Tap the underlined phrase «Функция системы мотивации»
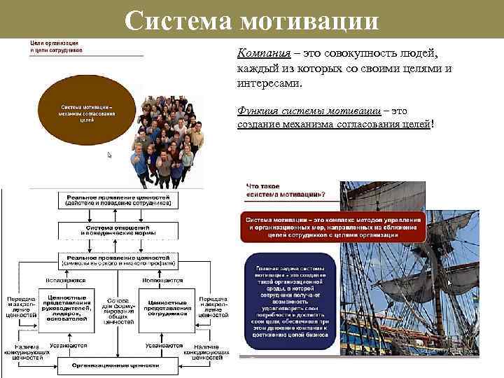[x=309, y=111]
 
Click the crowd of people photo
[x=162, y=139]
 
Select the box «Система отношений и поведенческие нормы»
[x=117, y=230]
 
